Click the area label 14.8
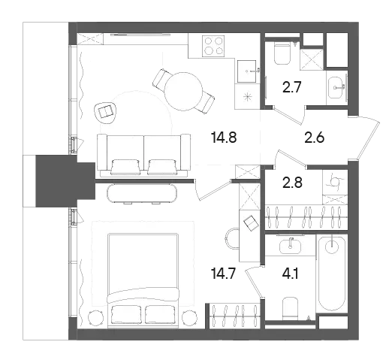click(x=224, y=138)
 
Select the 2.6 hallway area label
click(x=314, y=138)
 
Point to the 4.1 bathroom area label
click(x=291, y=274)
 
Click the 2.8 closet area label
click(x=292, y=183)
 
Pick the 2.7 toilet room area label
click(x=291, y=87)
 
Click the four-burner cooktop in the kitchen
click(x=213, y=45)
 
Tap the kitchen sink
click(x=246, y=71)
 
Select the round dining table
click(x=183, y=91)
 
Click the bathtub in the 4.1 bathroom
click(x=332, y=274)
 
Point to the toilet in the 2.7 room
click(x=282, y=53)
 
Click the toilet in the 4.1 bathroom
click(x=291, y=308)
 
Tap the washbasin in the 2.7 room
click(x=336, y=88)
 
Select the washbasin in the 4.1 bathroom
click(x=290, y=246)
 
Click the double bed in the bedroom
click(x=143, y=280)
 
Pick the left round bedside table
click(x=96, y=318)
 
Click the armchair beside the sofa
click(x=106, y=113)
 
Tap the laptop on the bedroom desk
click(x=251, y=222)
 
